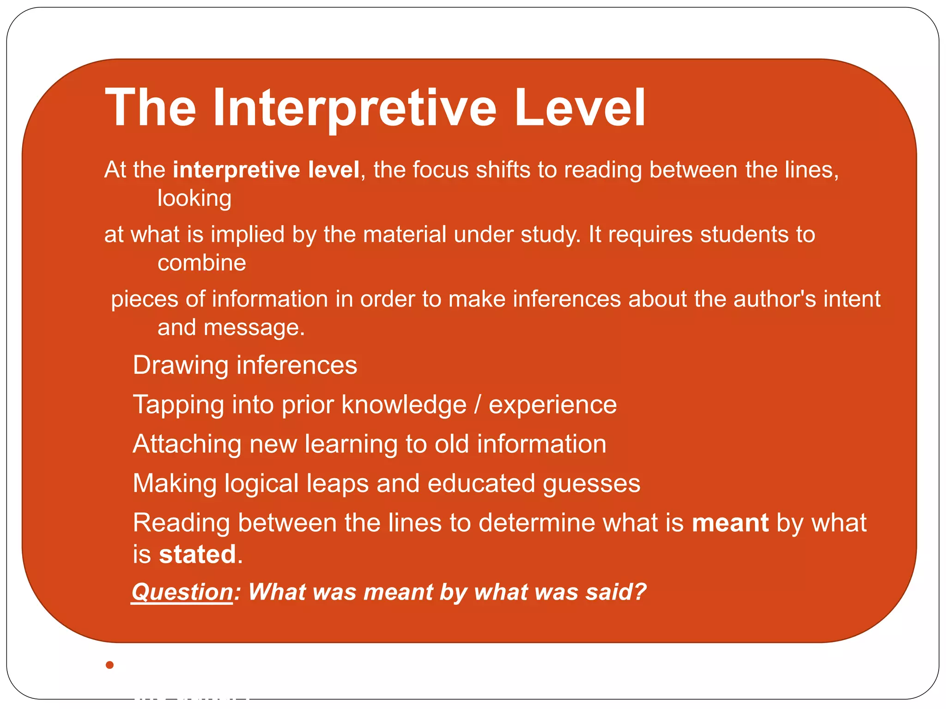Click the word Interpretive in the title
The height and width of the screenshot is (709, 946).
click(355, 108)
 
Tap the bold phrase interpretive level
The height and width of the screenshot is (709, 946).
click(266, 170)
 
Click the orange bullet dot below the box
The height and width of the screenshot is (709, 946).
click(109, 665)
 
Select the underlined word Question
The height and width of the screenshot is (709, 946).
click(182, 592)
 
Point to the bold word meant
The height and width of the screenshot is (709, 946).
click(730, 523)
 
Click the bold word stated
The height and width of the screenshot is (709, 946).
click(198, 554)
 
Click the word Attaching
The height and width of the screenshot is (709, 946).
click(187, 444)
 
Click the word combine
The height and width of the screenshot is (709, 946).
click(202, 263)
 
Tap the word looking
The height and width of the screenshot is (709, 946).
click(194, 198)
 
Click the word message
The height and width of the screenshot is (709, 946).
click(254, 328)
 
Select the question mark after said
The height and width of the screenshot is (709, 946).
click(640, 592)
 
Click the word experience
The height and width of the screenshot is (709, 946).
click(553, 405)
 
